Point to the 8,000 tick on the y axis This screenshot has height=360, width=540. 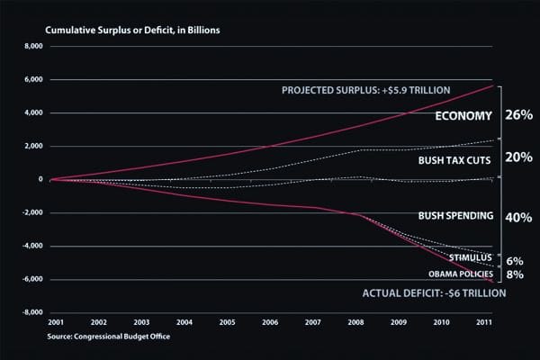(x=32, y=46)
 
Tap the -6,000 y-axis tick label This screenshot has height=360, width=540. (x=31, y=280)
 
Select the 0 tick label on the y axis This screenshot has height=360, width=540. (x=40, y=179)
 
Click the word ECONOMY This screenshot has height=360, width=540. (x=463, y=116)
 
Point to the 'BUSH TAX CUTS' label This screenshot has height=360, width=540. (x=455, y=160)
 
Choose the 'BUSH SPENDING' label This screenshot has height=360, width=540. (x=455, y=216)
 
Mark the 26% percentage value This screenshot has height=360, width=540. (x=520, y=116)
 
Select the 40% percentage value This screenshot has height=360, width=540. (x=520, y=217)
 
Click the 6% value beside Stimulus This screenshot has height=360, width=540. (x=515, y=260)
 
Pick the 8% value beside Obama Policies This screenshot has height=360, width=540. (x=515, y=274)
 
